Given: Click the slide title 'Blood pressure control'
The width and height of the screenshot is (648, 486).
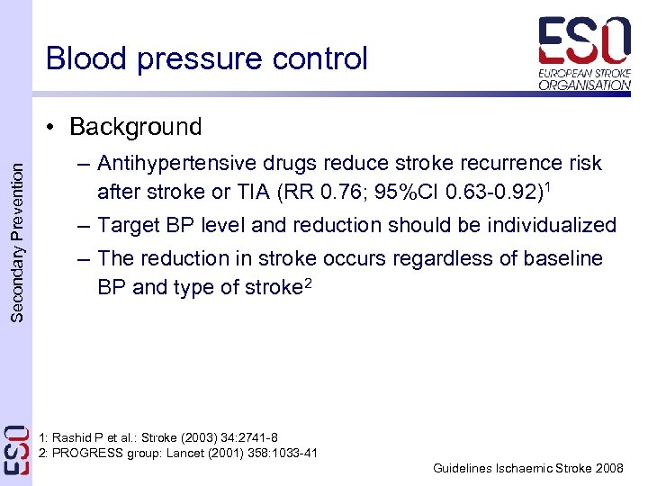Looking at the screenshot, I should [207, 58].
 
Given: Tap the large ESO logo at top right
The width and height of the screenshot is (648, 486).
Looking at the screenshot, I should [584, 42].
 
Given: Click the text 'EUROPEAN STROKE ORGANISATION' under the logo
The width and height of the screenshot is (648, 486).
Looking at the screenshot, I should [584, 79].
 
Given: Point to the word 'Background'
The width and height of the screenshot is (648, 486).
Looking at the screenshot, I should [135, 127].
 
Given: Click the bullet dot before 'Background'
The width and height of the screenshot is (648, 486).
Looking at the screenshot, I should [56, 128].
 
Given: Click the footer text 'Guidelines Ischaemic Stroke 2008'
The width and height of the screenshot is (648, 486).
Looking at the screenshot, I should [527, 469].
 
